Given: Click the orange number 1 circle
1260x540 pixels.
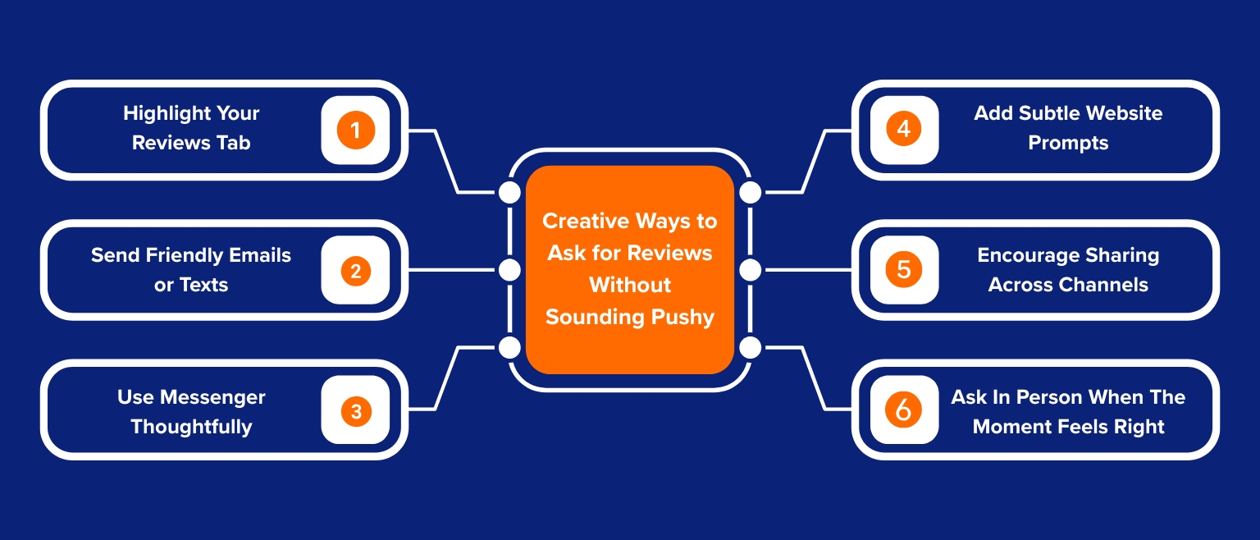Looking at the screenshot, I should click(355, 130).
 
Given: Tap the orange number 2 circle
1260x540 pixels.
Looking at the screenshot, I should click(355, 270).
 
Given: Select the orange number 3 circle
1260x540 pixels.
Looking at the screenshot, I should click(355, 410).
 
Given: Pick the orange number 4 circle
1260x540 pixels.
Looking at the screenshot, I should click(903, 130).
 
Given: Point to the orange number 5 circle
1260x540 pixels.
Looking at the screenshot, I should click(903, 270).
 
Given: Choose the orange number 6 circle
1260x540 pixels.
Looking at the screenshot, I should click(903, 410).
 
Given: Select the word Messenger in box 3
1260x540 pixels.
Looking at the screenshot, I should click(213, 397).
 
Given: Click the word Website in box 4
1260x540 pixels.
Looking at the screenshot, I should click(1121, 113).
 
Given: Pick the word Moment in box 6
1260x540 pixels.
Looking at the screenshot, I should click(1011, 427).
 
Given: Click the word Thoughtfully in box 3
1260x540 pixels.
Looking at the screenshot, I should click(191, 427).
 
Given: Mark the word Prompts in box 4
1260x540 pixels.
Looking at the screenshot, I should click(1068, 143).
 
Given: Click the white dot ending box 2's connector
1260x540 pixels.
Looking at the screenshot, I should click(509, 270).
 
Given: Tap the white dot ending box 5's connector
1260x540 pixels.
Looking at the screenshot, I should click(751, 270).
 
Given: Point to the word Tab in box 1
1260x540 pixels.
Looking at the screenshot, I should click(234, 143).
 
